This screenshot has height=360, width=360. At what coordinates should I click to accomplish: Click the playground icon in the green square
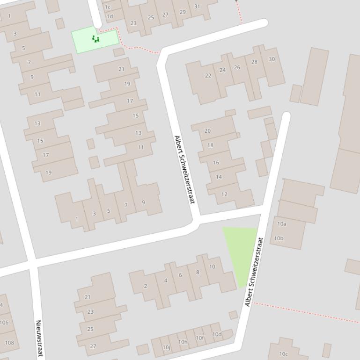click(x=96, y=39)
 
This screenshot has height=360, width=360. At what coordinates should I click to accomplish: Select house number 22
click(x=208, y=76)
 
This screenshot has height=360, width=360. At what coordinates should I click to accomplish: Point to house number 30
click(x=272, y=59)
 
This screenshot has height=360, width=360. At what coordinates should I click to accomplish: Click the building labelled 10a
click(x=281, y=224)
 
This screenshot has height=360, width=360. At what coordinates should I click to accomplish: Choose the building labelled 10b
click(x=279, y=238)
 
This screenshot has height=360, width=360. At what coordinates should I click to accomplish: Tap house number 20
click(x=207, y=131)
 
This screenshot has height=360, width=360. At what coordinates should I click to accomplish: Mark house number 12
click(x=224, y=194)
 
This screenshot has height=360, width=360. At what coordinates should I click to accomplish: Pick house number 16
click(x=216, y=163)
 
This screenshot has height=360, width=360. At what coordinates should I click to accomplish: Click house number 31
click(x=197, y=7)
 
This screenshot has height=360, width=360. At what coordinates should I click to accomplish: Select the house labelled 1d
click(x=110, y=16)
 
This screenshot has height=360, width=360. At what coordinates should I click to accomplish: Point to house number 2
click(x=146, y=286)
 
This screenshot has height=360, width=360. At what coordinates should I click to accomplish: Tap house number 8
click(x=198, y=272)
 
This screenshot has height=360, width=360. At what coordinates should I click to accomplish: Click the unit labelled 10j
click(x=166, y=347)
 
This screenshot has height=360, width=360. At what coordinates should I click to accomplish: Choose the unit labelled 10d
click(x=217, y=334)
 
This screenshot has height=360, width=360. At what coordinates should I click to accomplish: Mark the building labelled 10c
click(x=283, y=354)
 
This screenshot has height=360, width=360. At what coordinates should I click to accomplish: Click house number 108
click(x=9, y=343)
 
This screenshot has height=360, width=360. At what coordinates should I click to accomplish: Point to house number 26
click(x=237, y=67)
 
